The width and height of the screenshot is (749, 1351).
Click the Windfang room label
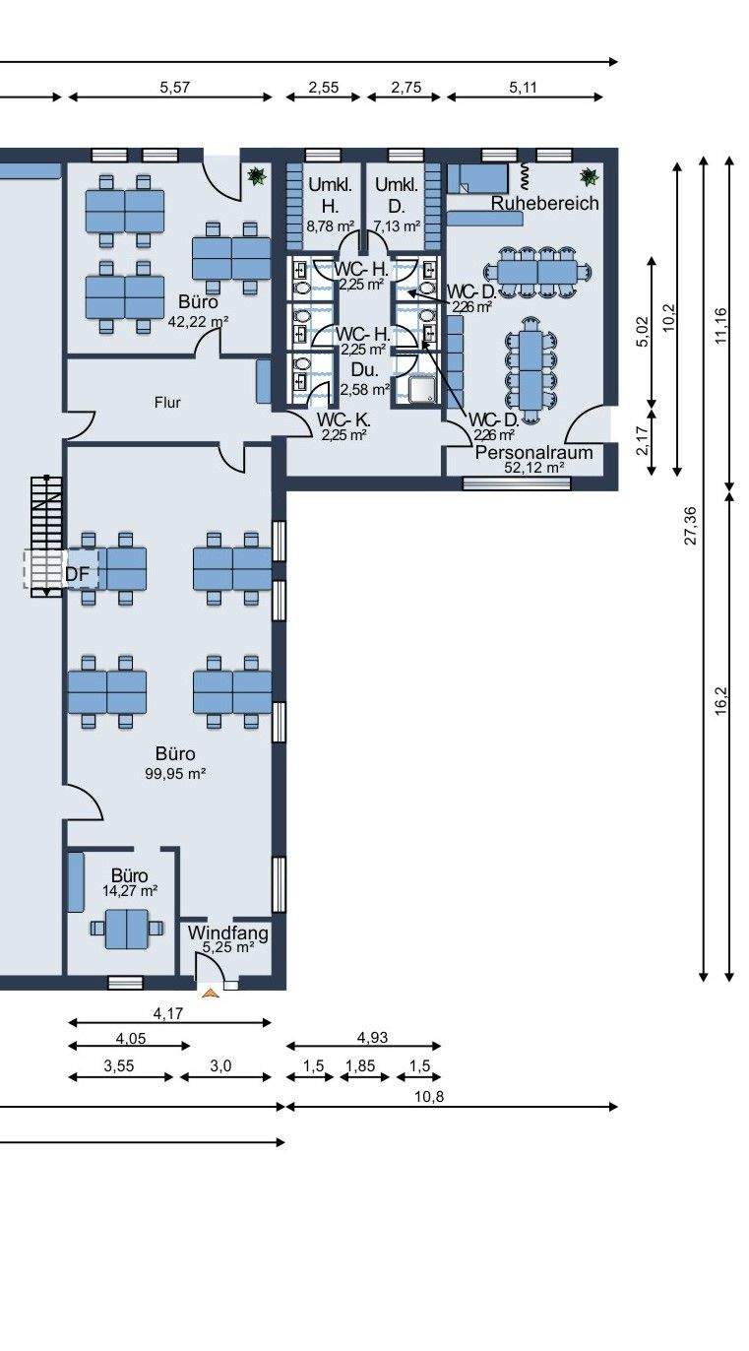(x=228, y=933)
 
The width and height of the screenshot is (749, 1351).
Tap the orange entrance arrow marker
(x=211, y=993)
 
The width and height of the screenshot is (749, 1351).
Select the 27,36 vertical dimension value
(x=691, y=525)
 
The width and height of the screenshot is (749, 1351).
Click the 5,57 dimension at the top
(x=175, y=88)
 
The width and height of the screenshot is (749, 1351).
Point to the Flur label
(x=167, y=403)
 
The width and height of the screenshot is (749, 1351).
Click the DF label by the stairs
(x=77, y=575)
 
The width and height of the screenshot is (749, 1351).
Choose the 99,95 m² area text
(x=175, y=773)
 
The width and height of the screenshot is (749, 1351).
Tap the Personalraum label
(x=533, y=452)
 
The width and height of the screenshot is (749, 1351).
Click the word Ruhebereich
(x=544, y=203)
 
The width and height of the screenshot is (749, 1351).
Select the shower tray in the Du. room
(x=422, y=390)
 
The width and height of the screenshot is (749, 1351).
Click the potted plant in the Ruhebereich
(x=589, y=176)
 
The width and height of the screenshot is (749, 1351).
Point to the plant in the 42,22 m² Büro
(x=258, y=176)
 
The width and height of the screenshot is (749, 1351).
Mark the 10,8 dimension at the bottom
(x=429, y=1096)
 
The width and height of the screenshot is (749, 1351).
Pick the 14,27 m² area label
(x=130, y=891)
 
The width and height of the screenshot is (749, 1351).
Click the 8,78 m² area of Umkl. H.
(x=330, y=226)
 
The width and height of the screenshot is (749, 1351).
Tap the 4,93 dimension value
(x=373, y=1037)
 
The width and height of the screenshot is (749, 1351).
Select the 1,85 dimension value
(x=360, y=1065)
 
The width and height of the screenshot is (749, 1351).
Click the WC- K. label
(x=343, y=419)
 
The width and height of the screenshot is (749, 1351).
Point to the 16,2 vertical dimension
(x=721, y=701)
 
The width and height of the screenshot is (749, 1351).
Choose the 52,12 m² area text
(x=534, y=468)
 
